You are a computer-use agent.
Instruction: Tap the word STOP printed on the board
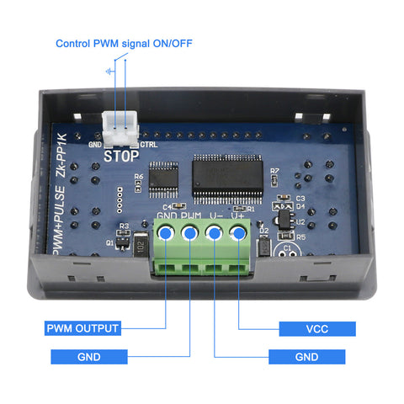coord(120,155)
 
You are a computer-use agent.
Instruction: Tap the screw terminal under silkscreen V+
coord(239,234)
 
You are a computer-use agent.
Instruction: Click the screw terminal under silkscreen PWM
coord(191,235)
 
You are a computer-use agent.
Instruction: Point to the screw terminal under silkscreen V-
coord(215,235)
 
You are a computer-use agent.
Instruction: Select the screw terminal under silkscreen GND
coord(167,235)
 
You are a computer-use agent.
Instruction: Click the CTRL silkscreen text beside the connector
coord(148,144)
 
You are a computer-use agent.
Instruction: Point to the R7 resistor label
coord(274,172)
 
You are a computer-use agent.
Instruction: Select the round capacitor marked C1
coord(287,250)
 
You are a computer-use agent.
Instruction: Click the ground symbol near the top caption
coord(110,72)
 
